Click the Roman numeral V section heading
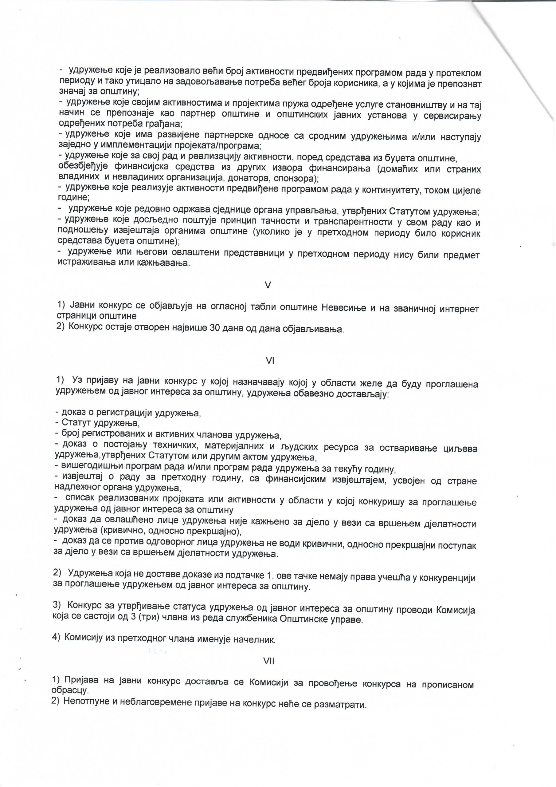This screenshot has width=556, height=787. [x=268, y=285]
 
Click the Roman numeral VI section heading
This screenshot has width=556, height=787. [x=270, y=361]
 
